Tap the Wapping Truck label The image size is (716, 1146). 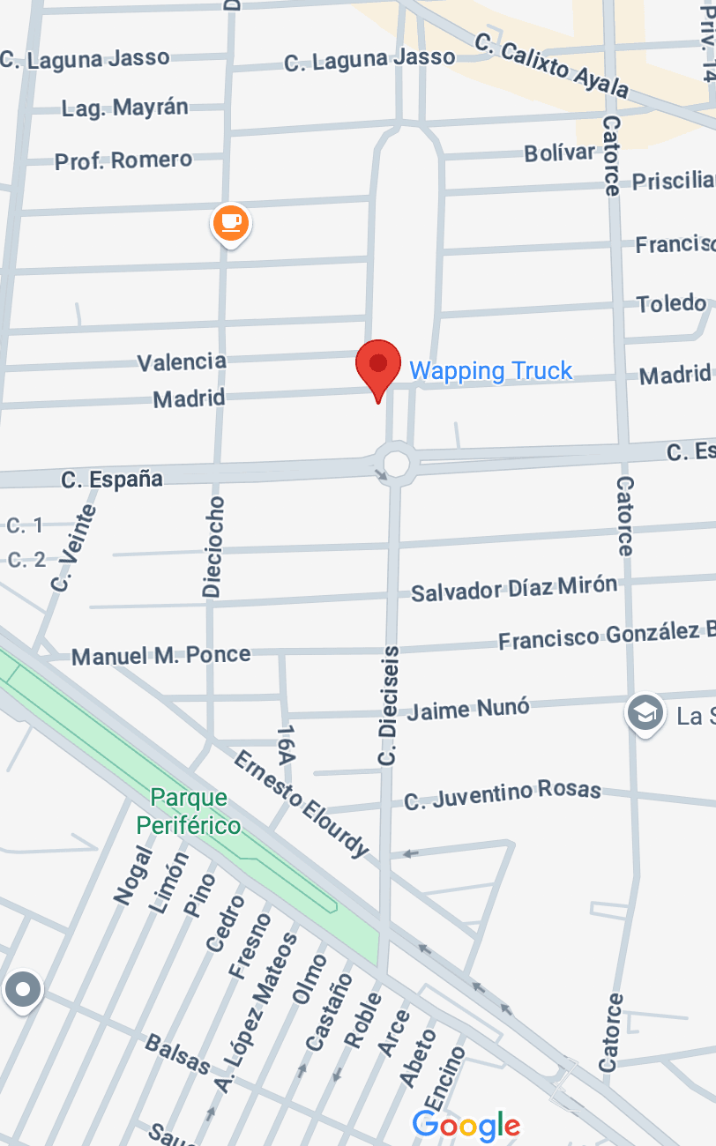click(x=491, y=371)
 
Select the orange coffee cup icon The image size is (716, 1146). click(x=231, y=222)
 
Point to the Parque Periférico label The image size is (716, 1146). click(x=189, y=812)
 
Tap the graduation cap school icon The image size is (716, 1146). click(x=645, y=713)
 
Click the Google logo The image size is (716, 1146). click(x=466, y=1125)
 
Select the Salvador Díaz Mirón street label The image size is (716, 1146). click(x=514, y=589)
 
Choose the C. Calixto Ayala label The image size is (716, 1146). click(x=552, y=66)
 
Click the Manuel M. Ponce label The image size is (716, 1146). click(x=161, y=656)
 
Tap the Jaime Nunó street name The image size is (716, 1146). click(x=468, y=709)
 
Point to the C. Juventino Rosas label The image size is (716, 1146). click(x=503, y=794)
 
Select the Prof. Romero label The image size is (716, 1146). click(x=123, y=160)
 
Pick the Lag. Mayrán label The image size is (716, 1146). click(x=125, y=108)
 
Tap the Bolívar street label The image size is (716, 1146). click(x=559, y=153)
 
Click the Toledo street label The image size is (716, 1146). click(x=672, y=304)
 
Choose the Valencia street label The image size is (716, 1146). click(x=182, y=361)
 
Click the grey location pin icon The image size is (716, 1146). click(x=23, y=990)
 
